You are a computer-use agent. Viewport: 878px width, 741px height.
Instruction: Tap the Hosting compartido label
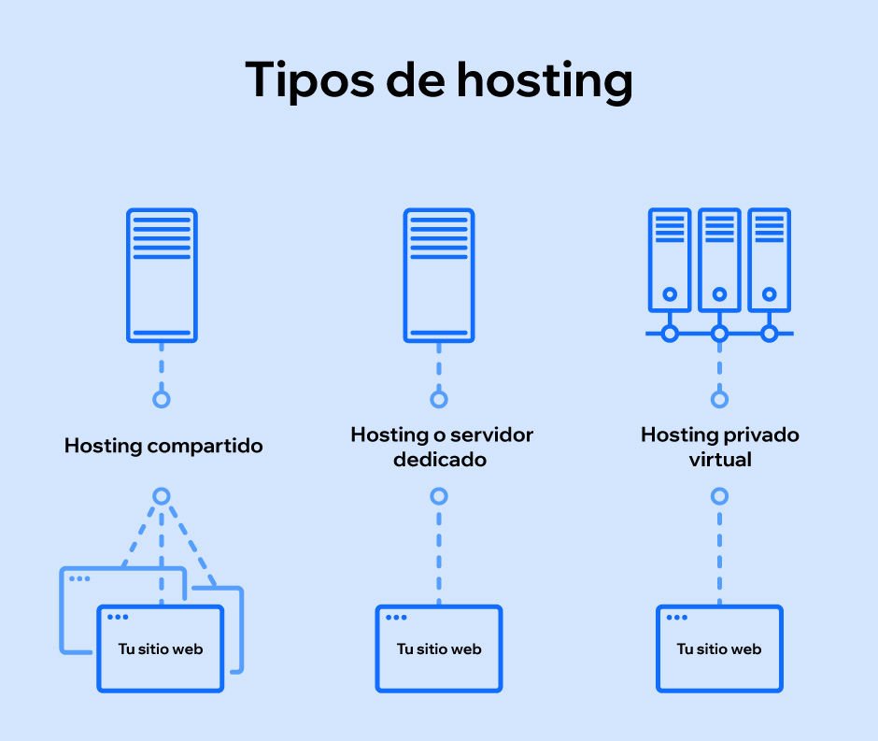coord(163,446)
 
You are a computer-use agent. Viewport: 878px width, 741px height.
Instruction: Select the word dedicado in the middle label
coord(440,460)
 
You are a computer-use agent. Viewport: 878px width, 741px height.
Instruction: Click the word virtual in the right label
coord(719,460)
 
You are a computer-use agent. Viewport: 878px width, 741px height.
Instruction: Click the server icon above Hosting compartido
coord(162,275)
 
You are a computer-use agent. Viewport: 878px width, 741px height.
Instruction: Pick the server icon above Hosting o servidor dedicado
coord(439,275)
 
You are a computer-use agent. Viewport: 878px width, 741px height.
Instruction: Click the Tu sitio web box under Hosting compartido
coord(161,648)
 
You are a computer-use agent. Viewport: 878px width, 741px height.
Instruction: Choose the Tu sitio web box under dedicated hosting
coord(439,648)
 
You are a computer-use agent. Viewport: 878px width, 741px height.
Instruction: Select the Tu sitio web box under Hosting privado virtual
coord(719,648)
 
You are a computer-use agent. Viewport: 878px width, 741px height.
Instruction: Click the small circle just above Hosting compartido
coord(162,400)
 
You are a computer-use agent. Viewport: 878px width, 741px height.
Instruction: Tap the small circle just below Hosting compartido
coord(162,496)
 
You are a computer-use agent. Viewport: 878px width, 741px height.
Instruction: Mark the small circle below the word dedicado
coord(439,496)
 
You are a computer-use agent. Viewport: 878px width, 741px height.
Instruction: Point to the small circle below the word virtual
coord(719,496)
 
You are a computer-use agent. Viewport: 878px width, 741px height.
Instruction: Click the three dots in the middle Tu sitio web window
coord(398,618)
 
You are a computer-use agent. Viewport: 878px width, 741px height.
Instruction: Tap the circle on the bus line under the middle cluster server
coord(719,334)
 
